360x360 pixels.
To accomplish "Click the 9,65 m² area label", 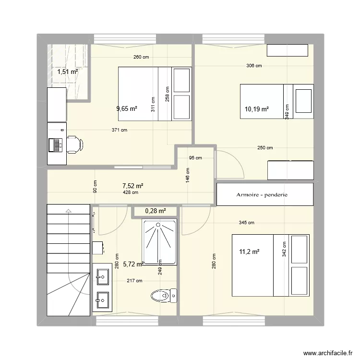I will click(x=127, y=108).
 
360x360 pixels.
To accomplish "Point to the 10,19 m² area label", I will click(x=257, y=109).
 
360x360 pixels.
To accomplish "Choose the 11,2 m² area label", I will click(x=249, y=252).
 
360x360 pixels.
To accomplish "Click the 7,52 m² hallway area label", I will click(x=133, y=186).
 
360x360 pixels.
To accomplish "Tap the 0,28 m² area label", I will click(x=155, y=211).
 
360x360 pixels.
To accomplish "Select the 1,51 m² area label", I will click(x=68, y=72).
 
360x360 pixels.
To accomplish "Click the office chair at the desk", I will click(x=75, y=144).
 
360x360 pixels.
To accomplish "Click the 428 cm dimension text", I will click(x=130, y=192).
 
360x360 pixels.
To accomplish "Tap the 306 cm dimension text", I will click(x=254, y=66).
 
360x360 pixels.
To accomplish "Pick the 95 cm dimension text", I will click(x=195, y=157).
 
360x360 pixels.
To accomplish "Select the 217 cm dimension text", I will click(x=134, y=281).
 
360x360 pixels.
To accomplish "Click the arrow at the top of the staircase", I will click(x=68, y=210).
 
